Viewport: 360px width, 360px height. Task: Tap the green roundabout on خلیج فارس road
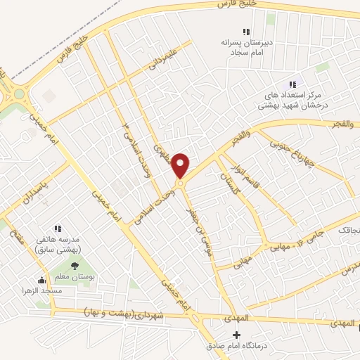pos(19,94)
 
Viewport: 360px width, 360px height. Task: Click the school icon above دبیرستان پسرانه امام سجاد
pos(246,32)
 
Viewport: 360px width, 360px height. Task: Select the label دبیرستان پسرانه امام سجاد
pos(246,46)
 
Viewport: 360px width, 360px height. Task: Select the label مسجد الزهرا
pos(41,290)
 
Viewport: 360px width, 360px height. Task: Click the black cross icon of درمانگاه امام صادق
pos(236,335)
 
